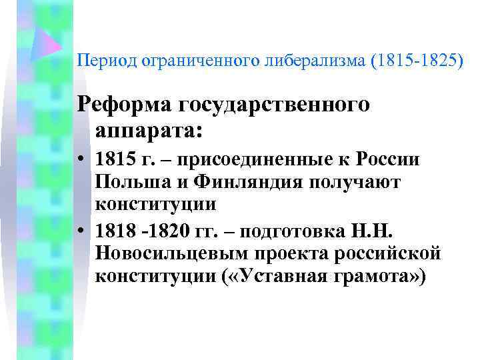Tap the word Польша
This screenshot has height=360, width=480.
point(126,181)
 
